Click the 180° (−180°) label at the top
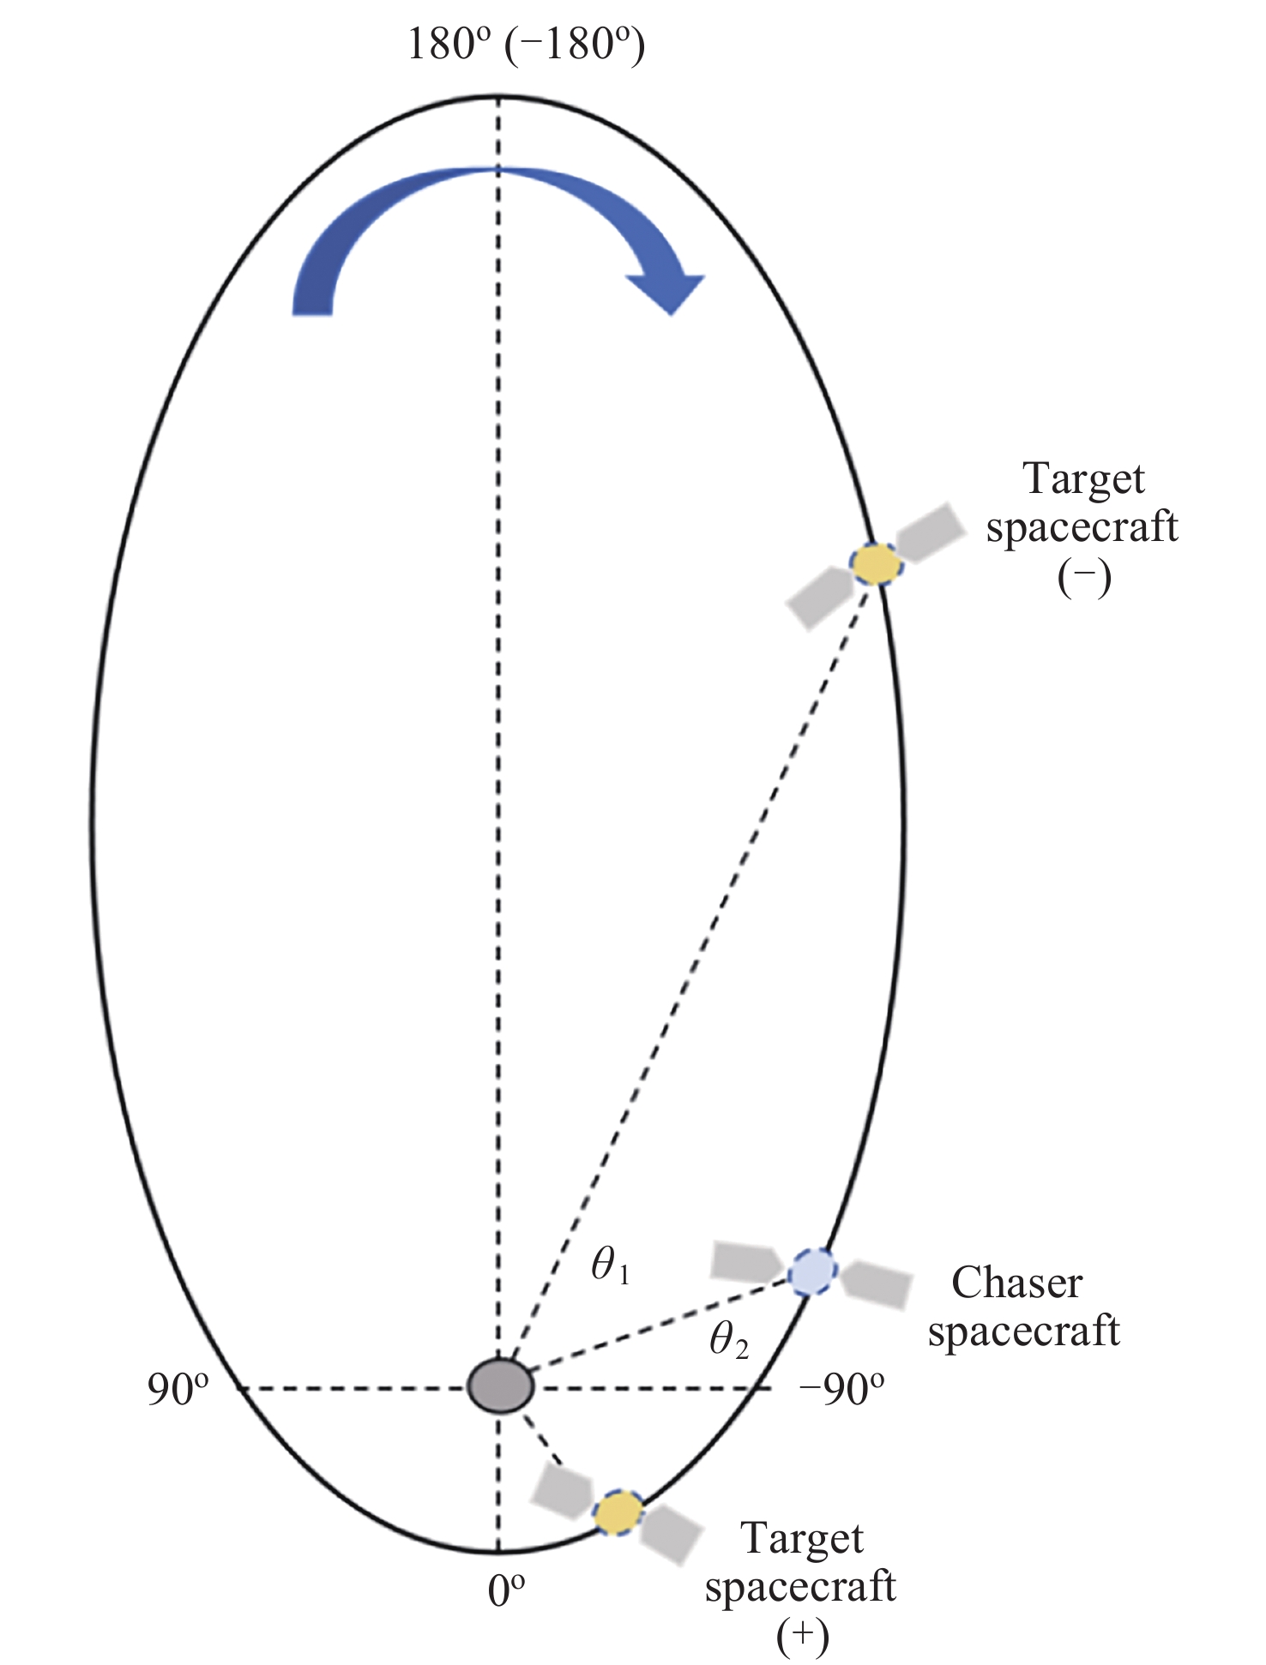526,45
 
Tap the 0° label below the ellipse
506,1591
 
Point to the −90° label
841,1390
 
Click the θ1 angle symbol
611,1266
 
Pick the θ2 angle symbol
728,1341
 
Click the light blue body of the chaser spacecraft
811,1271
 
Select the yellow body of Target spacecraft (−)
875,564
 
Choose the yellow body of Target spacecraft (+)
618,1512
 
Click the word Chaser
1016,1283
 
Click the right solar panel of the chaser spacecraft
875,1283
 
